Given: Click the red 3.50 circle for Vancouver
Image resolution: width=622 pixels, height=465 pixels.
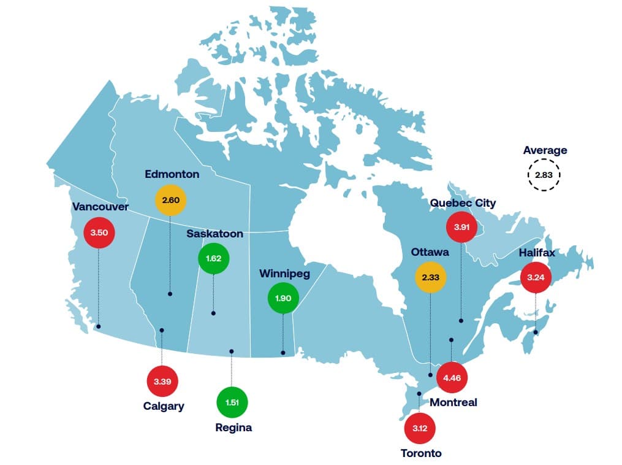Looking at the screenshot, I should coord(99,233).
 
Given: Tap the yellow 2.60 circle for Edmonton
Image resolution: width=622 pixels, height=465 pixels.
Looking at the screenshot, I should coord(170,200).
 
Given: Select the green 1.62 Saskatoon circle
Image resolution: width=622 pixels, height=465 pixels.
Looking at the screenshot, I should coord(213,259).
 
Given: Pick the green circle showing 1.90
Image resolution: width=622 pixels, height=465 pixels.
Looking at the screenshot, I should coord(283,298).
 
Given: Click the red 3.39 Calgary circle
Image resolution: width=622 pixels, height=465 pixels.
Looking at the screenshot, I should coord(162,382).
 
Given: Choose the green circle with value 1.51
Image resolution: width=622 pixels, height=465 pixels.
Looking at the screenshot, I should coord(232,402).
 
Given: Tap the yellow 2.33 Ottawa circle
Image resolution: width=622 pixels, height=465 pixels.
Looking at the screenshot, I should coord(431,277).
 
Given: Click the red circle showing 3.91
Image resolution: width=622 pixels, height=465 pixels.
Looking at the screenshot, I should coord(461,227).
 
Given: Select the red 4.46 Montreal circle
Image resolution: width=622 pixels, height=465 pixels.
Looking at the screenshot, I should coord(452,377).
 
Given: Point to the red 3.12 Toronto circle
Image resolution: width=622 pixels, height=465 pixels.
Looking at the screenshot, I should coord(420,428).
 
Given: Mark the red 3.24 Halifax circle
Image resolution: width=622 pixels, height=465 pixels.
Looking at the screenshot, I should coord(536,277).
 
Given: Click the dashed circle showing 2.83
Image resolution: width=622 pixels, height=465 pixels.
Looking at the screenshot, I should coord(544,175).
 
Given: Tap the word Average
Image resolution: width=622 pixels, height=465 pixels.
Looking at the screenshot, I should coord(545,150).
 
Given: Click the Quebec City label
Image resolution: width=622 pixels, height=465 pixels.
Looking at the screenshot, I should coord(463,203).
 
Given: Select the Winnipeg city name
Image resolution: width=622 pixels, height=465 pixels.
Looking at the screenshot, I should coord(284,273).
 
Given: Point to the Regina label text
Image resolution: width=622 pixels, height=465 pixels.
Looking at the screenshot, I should coord(233,428).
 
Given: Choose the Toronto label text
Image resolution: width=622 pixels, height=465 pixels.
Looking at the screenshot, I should coord(421,453).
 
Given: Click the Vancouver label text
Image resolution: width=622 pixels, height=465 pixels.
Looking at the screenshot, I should coord(101,207).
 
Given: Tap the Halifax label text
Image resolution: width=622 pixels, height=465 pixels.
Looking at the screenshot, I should coord(537,252).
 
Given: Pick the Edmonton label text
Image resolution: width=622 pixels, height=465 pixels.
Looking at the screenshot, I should coord(172,174).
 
